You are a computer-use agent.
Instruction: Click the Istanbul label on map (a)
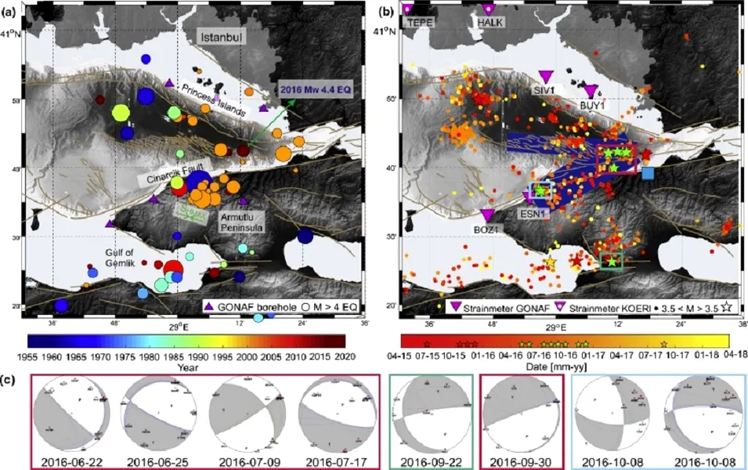point(222,37)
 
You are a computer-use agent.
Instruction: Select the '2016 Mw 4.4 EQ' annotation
point(316,91)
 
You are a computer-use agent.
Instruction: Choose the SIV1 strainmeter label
point(546,91)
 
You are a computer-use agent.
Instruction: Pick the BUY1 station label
point(593,104)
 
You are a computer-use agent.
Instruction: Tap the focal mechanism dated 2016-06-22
point(71,414)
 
